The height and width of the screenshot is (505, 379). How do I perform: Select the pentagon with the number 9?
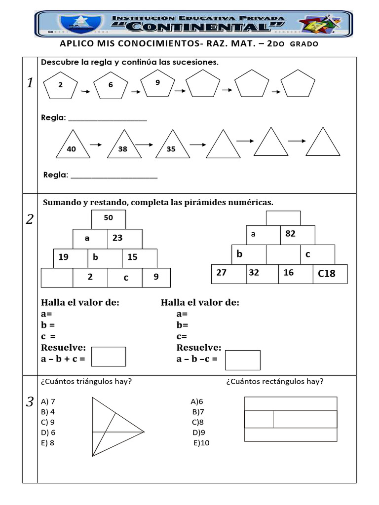point(157,84)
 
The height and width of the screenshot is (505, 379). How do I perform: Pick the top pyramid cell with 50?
point(109,219)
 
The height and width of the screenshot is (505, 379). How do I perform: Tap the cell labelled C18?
point(330,274)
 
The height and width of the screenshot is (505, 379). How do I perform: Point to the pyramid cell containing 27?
point(228,274)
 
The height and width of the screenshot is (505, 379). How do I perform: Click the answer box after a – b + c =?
point(109,357)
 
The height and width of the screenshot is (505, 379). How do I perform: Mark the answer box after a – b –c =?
point(242,360)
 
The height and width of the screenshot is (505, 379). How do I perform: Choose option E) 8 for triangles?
point(48,442)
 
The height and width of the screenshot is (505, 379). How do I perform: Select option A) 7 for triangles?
point(48,401)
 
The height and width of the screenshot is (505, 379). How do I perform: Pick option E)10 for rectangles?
point(201,443)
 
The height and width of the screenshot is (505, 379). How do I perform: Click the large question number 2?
point(30,219)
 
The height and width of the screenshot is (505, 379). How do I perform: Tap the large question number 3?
point(30,402)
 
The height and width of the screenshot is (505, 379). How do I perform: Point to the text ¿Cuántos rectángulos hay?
point(275,381)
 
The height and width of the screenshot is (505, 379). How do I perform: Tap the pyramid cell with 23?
point(125,238)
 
